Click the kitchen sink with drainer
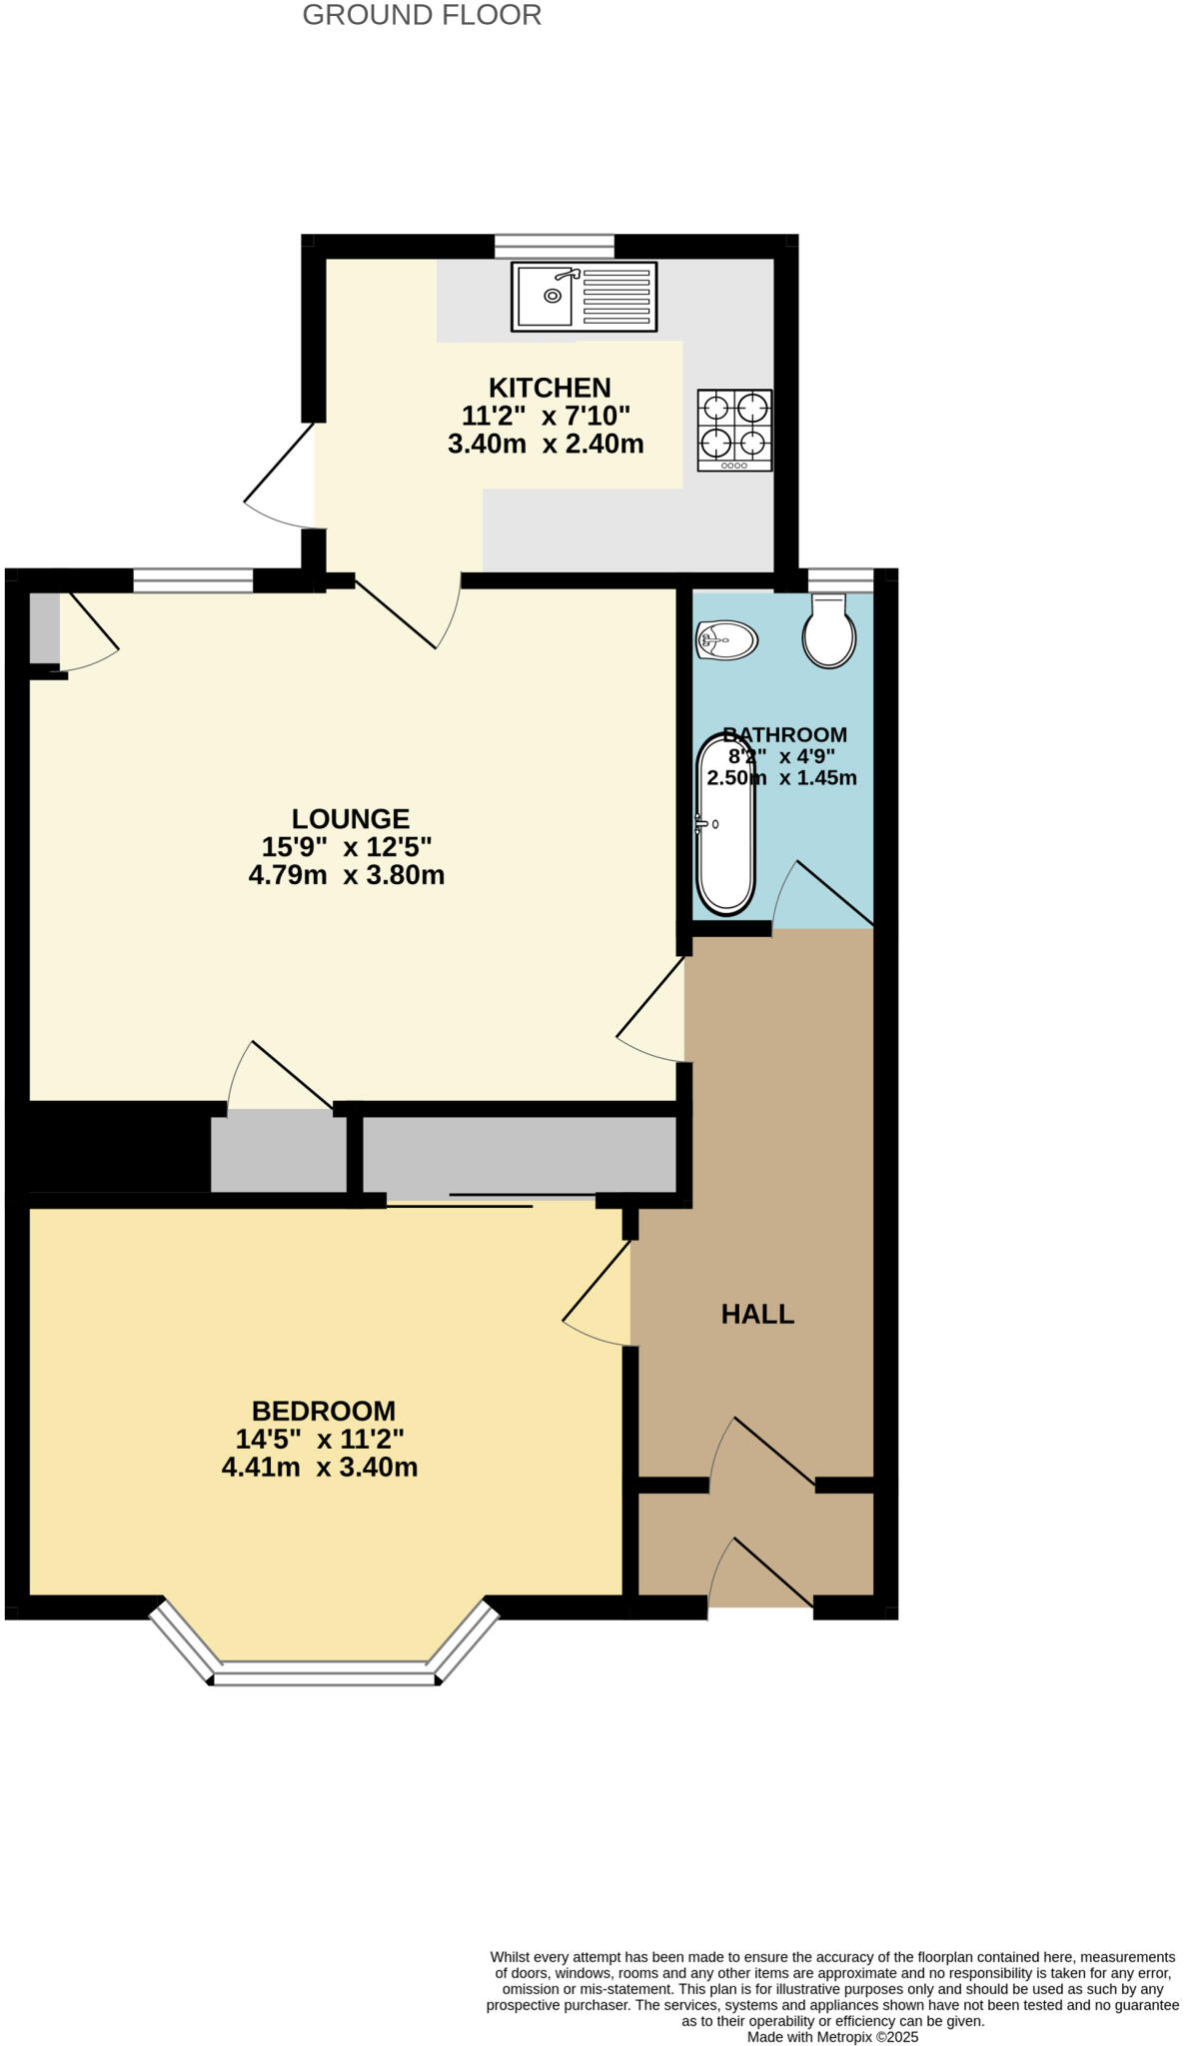[584, 296]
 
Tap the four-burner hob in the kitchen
[734, 430]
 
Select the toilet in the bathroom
[829, 631]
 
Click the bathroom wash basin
[726, 640]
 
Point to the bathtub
[725, 824]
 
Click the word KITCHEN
[549, 388]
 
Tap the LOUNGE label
[351, 819]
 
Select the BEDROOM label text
[324, 1411]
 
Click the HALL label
[757, 1314]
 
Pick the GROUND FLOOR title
[422, 15]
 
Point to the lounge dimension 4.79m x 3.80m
[347, 876]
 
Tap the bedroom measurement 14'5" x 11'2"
[320, 1440]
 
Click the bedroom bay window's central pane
[326, 1673]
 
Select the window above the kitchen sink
[555, 246]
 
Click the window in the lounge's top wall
[193, 580]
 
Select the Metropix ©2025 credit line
[832, 2036]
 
